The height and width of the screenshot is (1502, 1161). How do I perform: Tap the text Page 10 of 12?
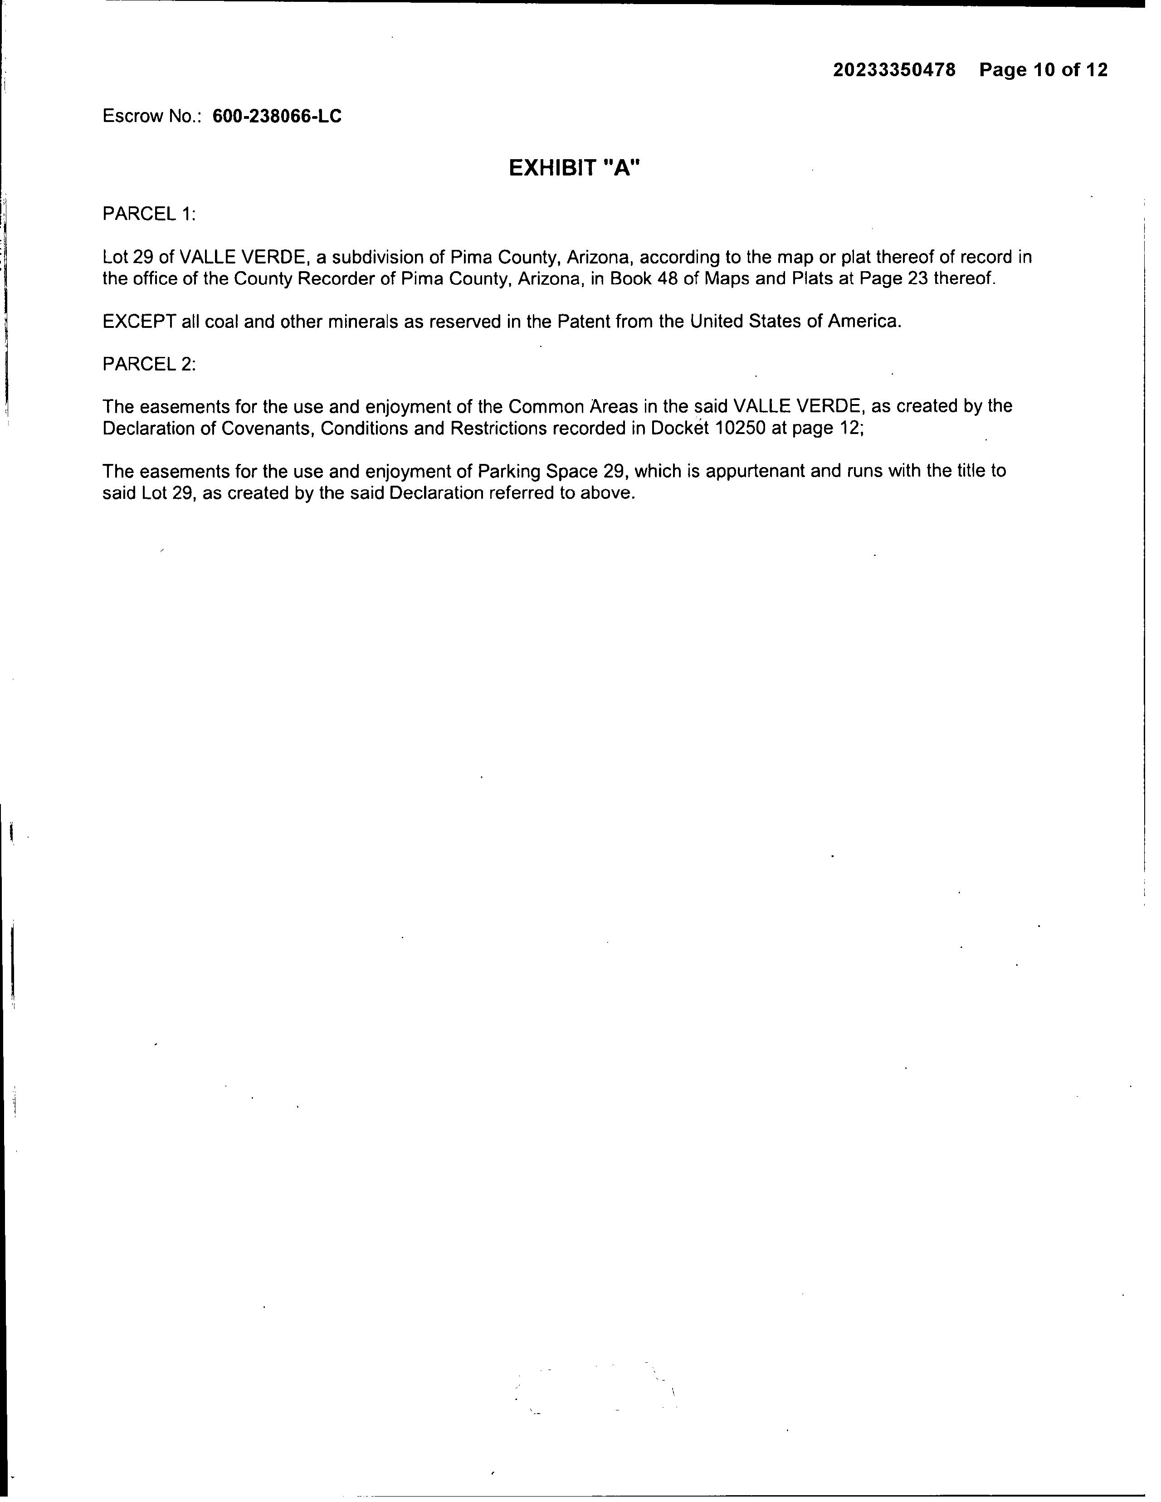coord(1044,70)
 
